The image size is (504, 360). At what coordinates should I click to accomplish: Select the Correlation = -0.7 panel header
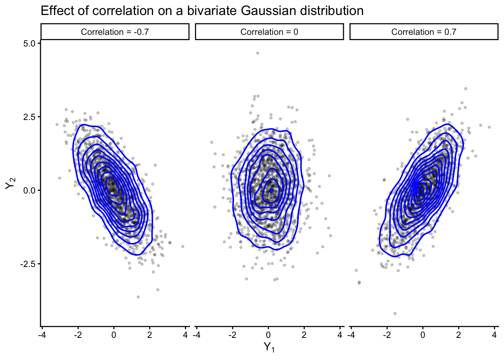(115, 32)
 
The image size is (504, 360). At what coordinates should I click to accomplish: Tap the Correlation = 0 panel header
(269, 32)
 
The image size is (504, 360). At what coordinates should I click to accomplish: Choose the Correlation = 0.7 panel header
(424, 32)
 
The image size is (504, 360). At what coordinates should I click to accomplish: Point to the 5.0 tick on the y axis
(28, 43)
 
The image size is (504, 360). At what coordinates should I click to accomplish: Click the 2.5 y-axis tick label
(28, 117)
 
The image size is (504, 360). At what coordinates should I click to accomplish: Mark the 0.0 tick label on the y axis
(28, 190)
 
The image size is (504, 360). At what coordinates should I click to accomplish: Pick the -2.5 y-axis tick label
(27, 264)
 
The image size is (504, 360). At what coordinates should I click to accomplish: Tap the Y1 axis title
(269, 347)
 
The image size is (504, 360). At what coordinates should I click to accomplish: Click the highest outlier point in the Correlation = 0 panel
(258, 53)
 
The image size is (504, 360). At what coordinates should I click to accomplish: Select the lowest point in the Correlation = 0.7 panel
(395, 313)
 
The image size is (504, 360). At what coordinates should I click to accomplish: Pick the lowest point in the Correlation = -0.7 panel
(138, 297)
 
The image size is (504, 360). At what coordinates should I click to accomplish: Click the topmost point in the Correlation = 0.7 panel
(466, 88)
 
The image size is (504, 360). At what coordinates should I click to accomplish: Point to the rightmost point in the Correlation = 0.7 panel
(489, 127)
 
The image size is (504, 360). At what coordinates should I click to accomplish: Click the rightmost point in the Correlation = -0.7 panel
(183, 246)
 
